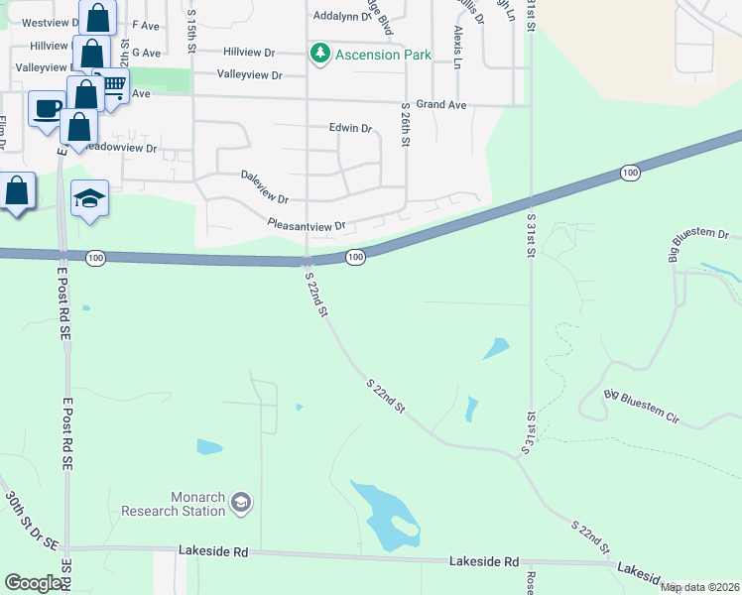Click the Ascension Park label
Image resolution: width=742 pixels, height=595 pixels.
point(383,55)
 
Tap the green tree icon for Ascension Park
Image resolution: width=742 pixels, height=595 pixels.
point(319,54)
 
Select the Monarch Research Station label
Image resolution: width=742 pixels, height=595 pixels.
point(174,505)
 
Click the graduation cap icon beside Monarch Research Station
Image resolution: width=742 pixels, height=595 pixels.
point(240,505)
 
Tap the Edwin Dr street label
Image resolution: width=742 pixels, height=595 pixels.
point(350,128)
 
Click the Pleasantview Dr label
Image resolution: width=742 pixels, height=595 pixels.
point(306,226)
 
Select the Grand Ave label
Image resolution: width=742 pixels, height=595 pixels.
point(440,103)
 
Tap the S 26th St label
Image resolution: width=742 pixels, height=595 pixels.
point(405,125)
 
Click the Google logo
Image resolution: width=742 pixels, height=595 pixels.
point(34,583)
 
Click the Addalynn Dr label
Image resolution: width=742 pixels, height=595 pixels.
point(340,16)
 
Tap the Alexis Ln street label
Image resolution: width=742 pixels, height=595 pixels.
point(456,47)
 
